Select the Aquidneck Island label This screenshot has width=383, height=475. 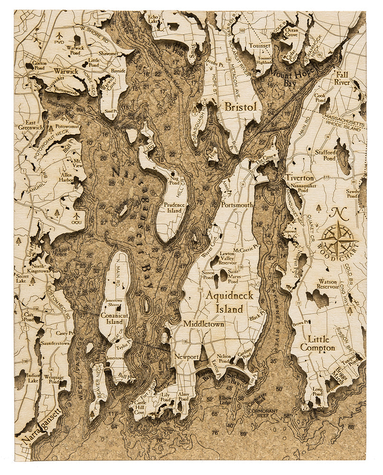coord(230,302)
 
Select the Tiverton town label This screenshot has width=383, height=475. coord(299,178)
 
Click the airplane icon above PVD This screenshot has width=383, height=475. coord(59,35)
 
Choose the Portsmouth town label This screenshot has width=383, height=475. coord(237,205)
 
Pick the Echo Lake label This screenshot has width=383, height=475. coord(153,19)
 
